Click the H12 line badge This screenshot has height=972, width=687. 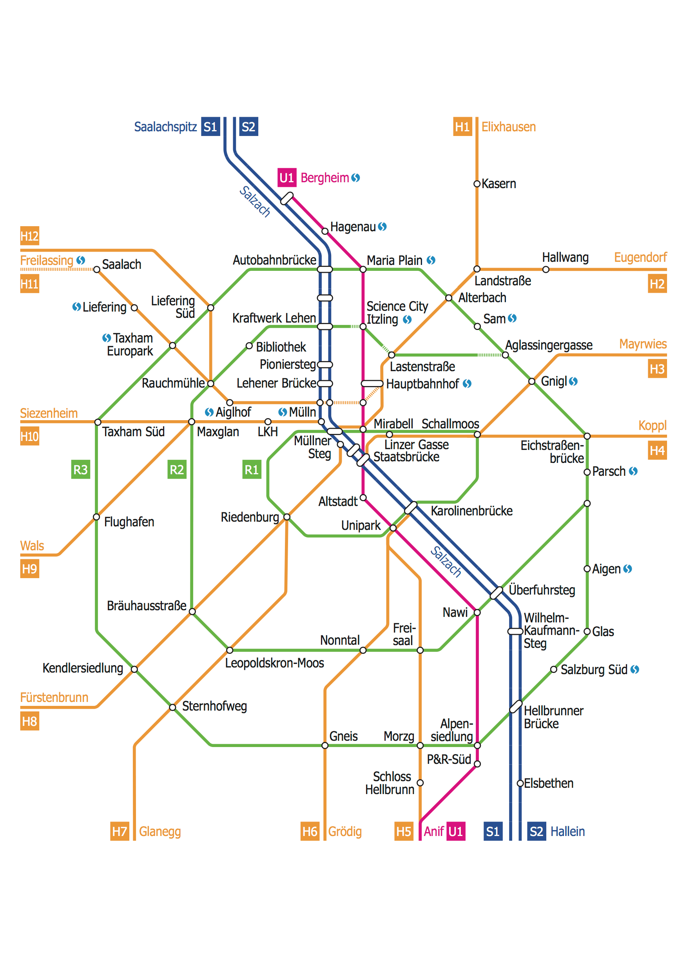click(30, 236)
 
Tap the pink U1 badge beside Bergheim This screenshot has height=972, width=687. click(286, 178)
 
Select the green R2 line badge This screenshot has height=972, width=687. click(176, 470)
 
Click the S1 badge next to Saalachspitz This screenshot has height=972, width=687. click(210, 127)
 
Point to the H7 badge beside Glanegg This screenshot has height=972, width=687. click(120, 831)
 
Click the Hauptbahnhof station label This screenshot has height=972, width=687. click(422, 384)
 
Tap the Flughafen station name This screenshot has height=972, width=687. click(129, 522)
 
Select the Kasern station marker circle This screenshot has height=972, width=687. click(477, 184)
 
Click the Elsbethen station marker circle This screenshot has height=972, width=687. click(520, 783)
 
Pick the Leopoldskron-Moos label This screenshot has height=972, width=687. click(274, 663)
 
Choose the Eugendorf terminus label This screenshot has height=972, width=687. click(640, 258)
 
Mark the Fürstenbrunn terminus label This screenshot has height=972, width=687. click(54, 697)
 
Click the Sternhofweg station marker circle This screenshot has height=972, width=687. click(173, 707)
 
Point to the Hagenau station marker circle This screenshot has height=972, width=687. click(324, 231)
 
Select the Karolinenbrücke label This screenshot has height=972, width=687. click(471, 511)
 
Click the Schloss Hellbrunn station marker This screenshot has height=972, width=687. click(420, 783)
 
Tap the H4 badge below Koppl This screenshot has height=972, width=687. click(657, 450)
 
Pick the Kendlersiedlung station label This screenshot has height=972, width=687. click(83, 668)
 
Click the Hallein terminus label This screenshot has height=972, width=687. click(567, 831)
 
